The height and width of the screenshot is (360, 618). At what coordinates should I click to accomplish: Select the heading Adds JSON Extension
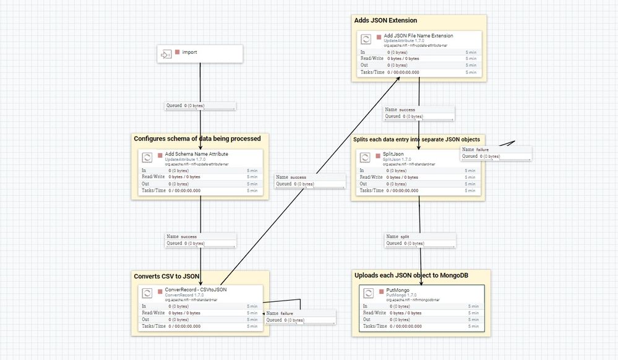[x=385, y=20]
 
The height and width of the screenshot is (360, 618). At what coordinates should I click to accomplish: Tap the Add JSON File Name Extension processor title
[x=418, y=36]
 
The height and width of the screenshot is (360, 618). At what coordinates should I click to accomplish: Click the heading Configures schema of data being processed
[x=197, y=139]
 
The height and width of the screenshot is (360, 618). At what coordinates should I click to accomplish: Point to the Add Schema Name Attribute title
[x=196, y=154]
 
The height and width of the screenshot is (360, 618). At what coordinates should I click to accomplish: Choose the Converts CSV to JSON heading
[x=167, y=276]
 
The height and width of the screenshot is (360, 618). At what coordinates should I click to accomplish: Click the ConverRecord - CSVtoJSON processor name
[x=195, y=289]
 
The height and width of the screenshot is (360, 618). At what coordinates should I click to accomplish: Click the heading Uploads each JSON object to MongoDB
[x=413, y=275]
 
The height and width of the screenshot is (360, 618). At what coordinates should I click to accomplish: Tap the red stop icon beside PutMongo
[x=381, y=290]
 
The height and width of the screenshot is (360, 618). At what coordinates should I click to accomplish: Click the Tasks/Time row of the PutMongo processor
[x=421, y=326]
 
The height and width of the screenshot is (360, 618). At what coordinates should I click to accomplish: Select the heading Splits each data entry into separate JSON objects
[x=416, y=139]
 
